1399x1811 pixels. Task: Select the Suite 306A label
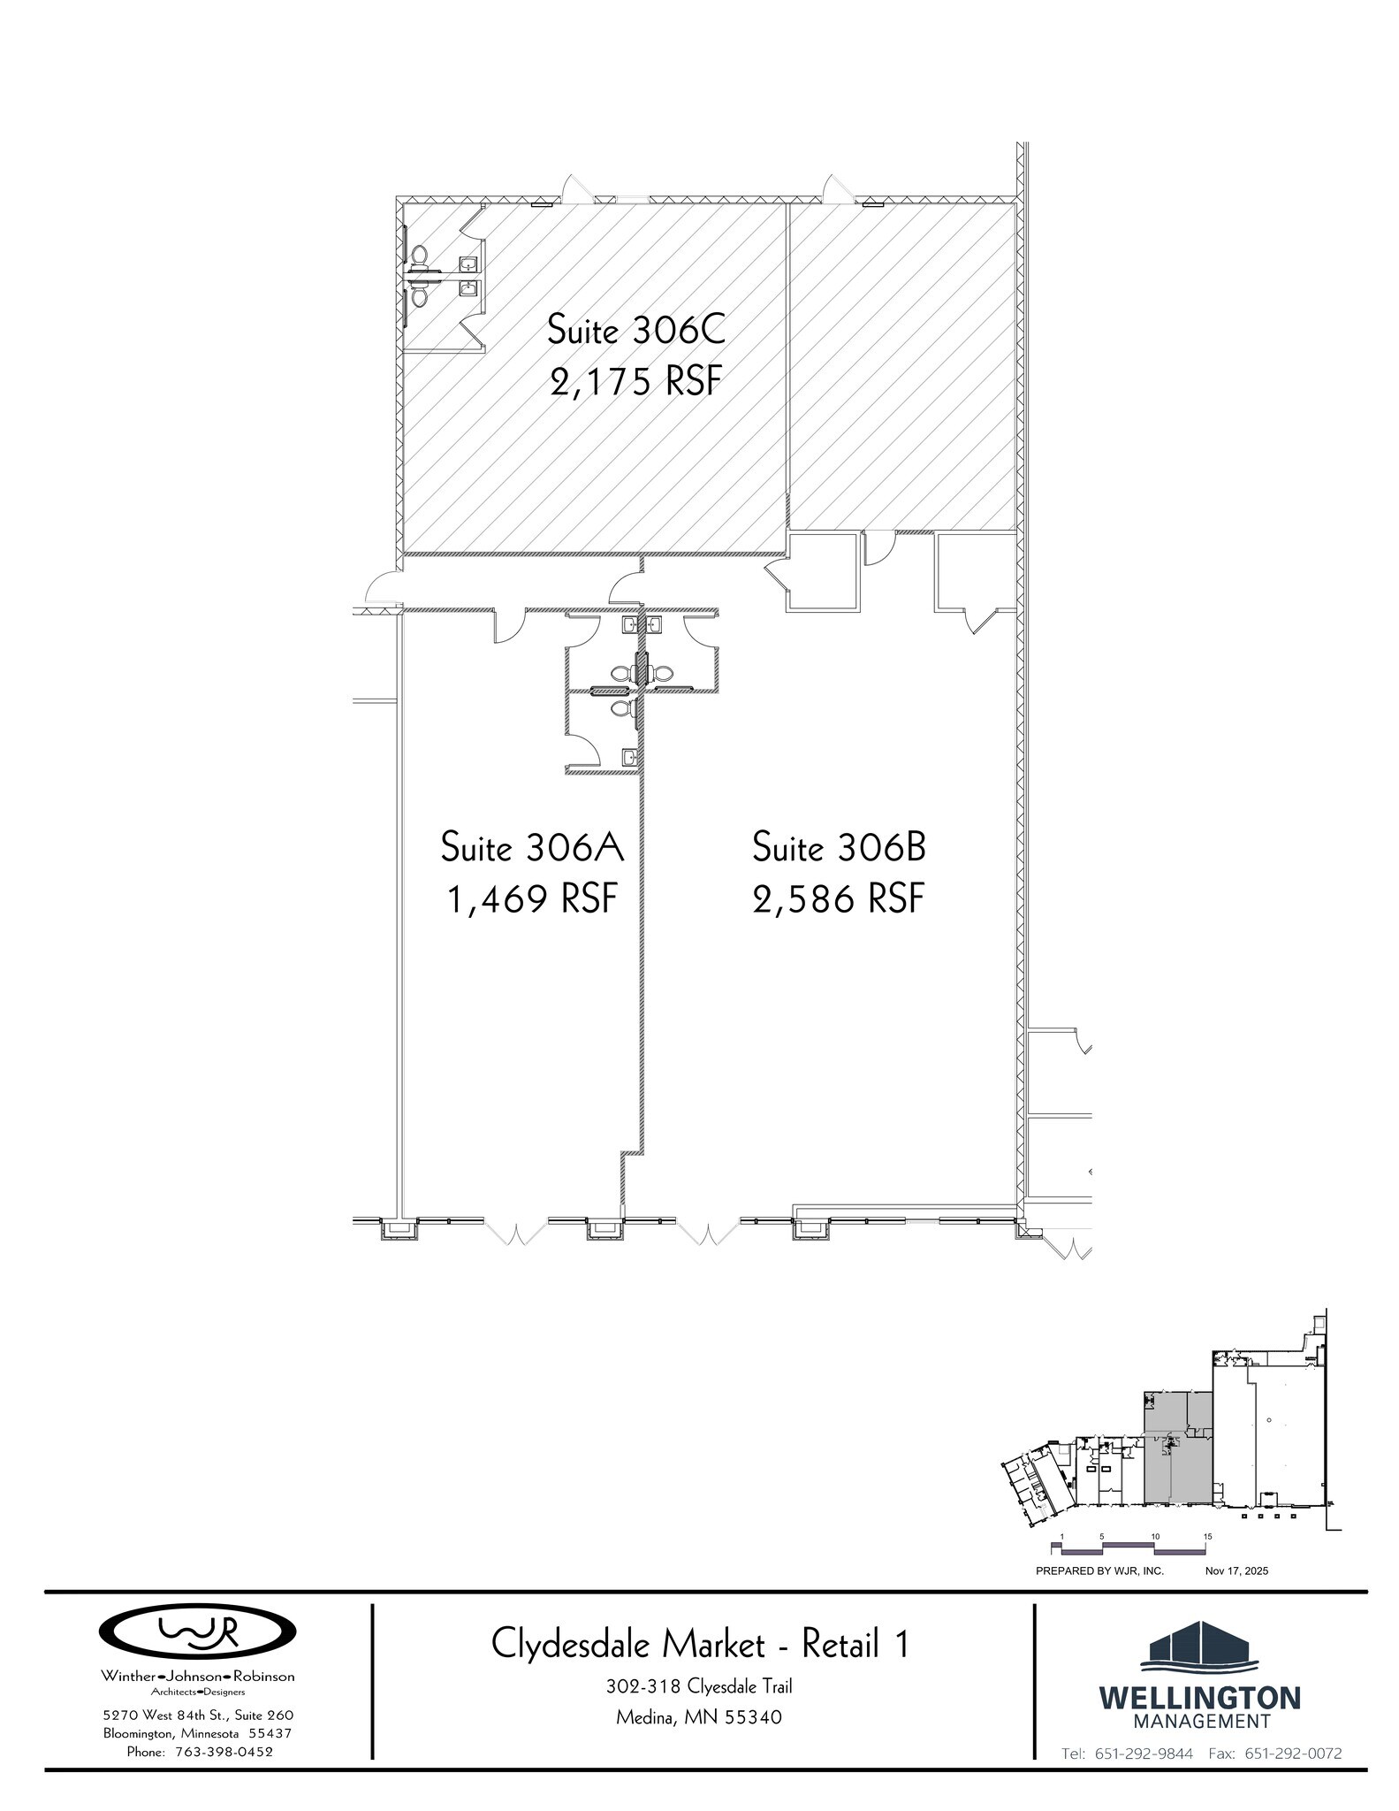[532, 847]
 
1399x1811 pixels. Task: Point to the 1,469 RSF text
[532, 899]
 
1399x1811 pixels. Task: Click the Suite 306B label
[839, 847]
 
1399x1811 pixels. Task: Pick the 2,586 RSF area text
[839, 899]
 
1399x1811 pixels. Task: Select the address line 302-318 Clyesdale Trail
[699, 1686]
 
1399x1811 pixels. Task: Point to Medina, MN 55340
[699, 1717]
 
